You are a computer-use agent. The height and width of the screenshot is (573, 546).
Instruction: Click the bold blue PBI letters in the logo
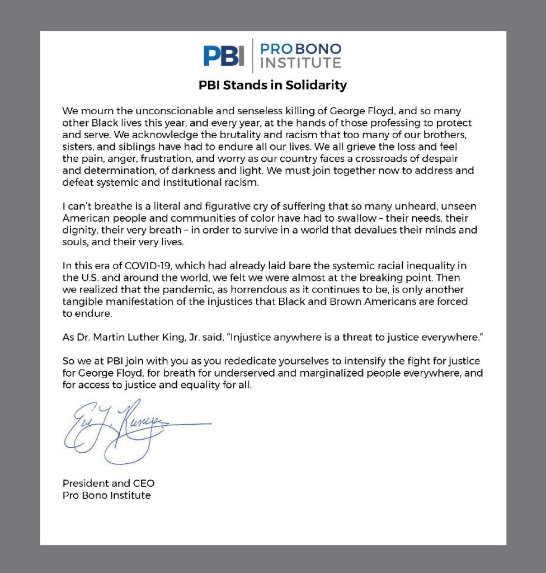click(224, 55)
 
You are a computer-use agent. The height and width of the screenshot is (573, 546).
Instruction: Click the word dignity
click(78, 230)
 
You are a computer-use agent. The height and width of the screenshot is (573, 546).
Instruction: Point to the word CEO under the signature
click(144, 483)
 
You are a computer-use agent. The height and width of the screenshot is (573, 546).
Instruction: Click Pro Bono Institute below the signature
click(106, 495)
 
